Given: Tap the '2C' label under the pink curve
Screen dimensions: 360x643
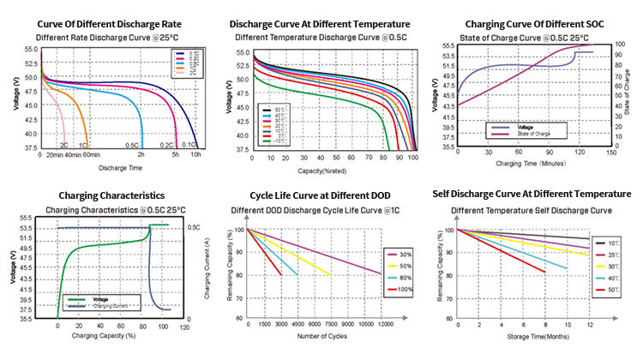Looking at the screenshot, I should tap(63, 146).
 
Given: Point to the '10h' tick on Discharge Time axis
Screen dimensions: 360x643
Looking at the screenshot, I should tap(196, 155).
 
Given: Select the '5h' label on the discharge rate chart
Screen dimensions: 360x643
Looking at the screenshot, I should tap(175, 155).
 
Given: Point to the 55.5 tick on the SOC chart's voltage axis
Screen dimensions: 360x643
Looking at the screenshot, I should tap(448, 45).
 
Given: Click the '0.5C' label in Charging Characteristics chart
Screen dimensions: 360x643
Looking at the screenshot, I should tap(195, 227).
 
